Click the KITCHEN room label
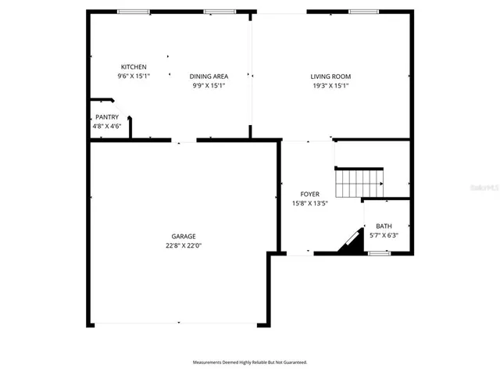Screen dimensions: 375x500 (134, 67)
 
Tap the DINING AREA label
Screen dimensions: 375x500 (209, 77)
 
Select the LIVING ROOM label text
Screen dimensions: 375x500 (330, 77)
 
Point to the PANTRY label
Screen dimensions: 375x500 (107, 117)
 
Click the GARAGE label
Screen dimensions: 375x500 (184, 236)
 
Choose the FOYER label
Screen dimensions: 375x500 (310, 194)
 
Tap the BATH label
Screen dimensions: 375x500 (384, 226)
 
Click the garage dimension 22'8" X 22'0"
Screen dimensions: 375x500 (184, 245)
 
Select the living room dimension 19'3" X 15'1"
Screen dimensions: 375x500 (330, 86)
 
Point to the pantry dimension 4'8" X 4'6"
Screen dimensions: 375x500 (107, 126)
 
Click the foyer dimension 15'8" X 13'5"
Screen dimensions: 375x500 (310, 203)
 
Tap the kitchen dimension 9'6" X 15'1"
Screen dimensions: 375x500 (134, 77)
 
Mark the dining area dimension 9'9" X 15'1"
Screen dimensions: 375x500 (209, 86)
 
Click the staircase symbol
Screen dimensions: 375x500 (359, 185)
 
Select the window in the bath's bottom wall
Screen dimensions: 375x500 (379, 253)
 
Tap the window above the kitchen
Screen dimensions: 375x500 (134, 12)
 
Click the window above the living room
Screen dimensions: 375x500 (360, 12)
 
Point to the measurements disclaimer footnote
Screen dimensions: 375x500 (250, 362)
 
